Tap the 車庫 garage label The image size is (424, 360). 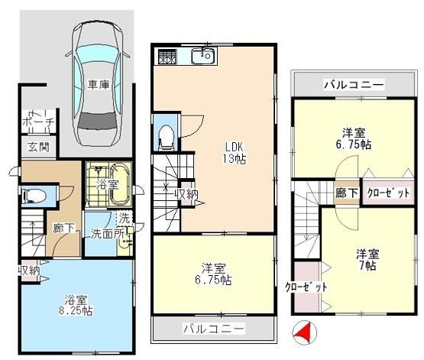pyautogui.click(x=99, y=85)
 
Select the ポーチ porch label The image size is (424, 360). pyautogui.click(x=38, y=122)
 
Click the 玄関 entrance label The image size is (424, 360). pyautogui.click(x=39, y=148)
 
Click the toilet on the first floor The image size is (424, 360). pyautogui.click(x=34, y=196)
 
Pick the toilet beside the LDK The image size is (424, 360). pyautogui.click(x=166, y=137)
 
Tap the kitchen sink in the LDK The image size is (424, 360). pyautogui.click(x=203, y=56)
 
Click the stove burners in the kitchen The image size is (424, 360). pyautogui.click(x=167, y=57)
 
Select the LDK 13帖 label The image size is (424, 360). pyautogui.click(x=235, y=153)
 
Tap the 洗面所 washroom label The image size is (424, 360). pyautogui.click(x=107, y=234)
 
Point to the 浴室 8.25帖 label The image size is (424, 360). pyautogui.click(x=76, y=306)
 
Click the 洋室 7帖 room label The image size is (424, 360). pyautogui.click(x=367, y=260)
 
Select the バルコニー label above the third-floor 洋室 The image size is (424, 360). pyautogui.click(x=354, y=85)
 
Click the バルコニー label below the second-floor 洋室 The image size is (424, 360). pyautogui.click(x=214, y=329)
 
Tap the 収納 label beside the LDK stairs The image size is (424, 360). pyautogui.click(x=186, y=194)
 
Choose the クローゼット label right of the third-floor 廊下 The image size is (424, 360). pyautogui.click(x=388, y=193)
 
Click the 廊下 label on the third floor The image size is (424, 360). pyautogui.click(x=347, y=193)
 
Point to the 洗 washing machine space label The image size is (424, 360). pyautogui.click(x=125, y=219)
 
